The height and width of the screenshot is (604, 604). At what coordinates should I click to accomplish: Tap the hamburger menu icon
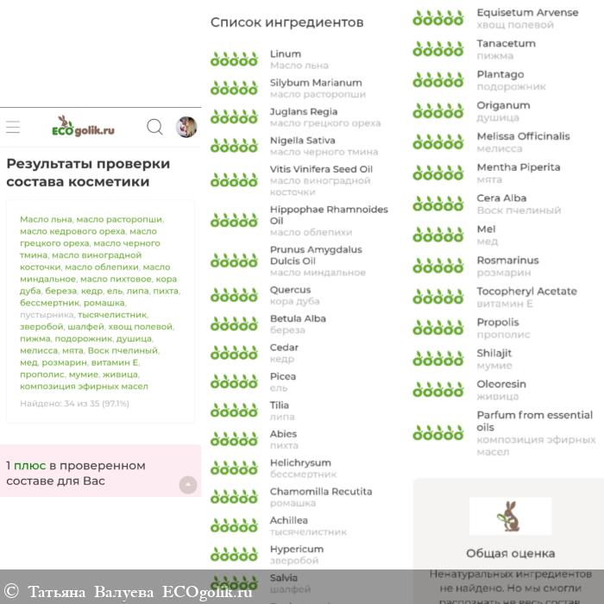point(13,128)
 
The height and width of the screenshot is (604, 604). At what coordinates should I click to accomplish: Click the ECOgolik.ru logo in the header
point(84,128)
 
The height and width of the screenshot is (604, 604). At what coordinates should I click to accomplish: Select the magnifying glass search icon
point(154,128)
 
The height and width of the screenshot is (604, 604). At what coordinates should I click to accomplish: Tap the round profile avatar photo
point(186,128)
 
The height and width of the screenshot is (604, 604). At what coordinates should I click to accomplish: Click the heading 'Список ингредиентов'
point(287,22)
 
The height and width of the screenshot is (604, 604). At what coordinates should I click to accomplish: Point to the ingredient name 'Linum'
point(286,53)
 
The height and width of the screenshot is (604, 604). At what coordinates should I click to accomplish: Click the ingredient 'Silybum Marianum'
point(316,83)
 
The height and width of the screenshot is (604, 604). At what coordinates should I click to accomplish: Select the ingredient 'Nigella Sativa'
point(302,140)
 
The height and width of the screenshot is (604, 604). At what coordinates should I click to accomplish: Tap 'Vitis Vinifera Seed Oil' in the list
point(321,169)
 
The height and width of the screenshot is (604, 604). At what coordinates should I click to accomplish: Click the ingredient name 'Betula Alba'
point(298,318)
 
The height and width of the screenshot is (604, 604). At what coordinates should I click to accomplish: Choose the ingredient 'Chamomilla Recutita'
point(321,491)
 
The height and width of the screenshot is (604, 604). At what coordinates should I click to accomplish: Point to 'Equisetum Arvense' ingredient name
point(527,13)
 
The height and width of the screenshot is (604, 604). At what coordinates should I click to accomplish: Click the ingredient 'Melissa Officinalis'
point(523,136)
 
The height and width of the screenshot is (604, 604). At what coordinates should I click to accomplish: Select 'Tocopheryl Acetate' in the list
point(526,291)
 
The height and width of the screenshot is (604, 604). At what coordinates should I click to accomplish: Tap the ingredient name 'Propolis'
point(498,322)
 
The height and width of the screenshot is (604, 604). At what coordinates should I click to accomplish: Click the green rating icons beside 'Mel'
point(438,235)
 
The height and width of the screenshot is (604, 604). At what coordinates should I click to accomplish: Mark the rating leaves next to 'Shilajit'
point(438,358)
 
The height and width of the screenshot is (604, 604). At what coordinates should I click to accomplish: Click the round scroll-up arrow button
point(188,485)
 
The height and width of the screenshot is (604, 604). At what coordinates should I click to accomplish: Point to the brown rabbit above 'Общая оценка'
point(510,516)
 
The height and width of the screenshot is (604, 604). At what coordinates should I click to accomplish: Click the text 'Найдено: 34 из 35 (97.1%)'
point(74,403)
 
